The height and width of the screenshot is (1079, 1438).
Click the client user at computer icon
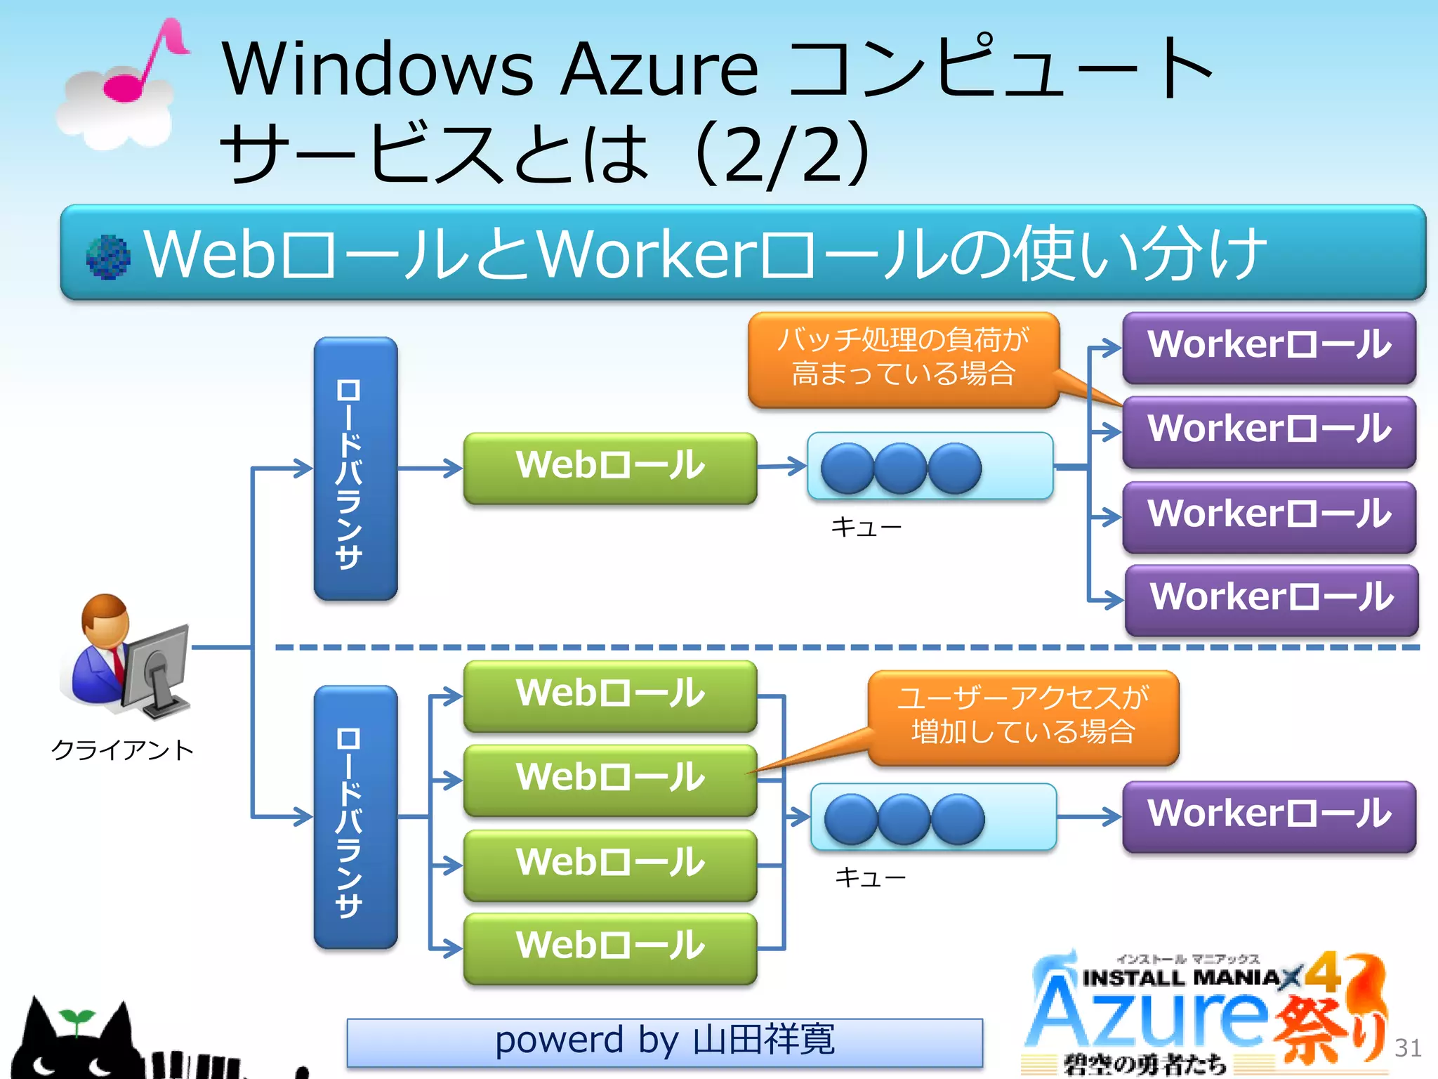point(126,657)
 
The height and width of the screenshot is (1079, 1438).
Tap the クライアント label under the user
point(122,750)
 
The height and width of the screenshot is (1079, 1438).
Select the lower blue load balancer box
point(355,817)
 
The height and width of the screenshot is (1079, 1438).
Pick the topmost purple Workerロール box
point(1269,347)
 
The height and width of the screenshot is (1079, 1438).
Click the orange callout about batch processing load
point(903,358)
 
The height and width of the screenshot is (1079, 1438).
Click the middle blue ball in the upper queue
point(901,468)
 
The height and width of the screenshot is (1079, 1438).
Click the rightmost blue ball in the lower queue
point(958,818)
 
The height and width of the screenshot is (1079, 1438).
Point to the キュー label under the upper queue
point(866,527)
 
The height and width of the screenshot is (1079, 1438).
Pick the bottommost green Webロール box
point(609,947)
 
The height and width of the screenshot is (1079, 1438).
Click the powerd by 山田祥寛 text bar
point(664,1042)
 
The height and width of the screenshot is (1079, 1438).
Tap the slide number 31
point(1407,1048)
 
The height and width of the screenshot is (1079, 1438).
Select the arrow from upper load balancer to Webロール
point(430,468)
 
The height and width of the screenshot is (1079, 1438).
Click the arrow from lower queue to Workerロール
point(1089,816)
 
